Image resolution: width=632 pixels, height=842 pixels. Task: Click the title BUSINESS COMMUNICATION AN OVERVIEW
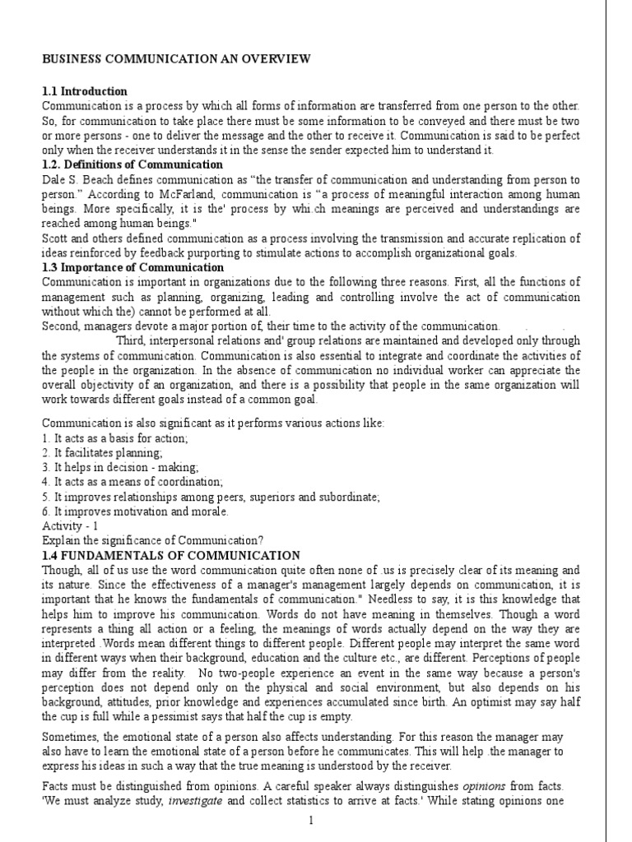tap(176, 58)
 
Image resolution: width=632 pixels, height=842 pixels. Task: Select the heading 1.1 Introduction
tap(85, 91)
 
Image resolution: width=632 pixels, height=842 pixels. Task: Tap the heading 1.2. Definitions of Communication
tap(132, 164)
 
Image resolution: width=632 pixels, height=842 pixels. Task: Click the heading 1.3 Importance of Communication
tap(132, 267)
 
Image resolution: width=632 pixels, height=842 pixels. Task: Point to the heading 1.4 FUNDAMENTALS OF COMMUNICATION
tap(171, 556)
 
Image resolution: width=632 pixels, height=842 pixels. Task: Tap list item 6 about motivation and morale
tap(135, 511)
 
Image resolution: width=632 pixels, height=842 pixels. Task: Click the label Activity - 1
tap(70, 526)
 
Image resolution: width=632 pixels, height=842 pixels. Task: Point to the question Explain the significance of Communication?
tap(152, 541)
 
